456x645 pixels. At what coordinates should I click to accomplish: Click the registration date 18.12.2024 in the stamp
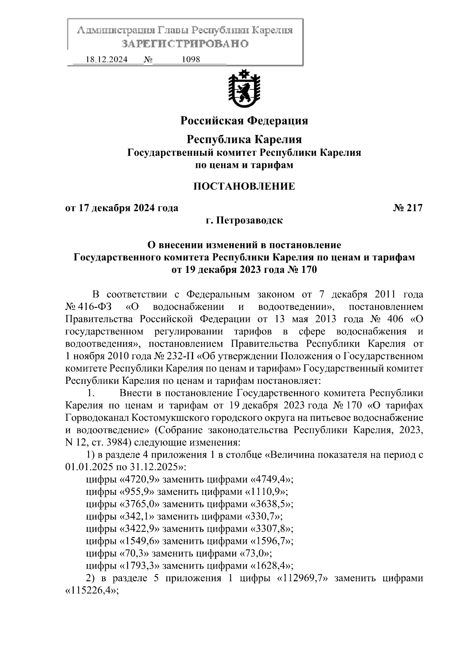click(107, 60)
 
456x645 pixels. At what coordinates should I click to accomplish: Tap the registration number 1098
click(191, 60)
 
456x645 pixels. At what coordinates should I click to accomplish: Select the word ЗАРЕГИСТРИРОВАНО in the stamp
click(185, 44)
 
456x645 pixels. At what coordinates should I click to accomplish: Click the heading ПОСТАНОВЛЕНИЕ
click(244, 186)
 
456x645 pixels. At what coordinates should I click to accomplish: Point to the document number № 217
click(407, 208)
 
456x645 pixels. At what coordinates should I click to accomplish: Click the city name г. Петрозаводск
click(244, 220)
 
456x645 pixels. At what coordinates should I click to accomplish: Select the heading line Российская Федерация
click(244, 121)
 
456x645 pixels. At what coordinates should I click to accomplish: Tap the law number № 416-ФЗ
click(86, 307)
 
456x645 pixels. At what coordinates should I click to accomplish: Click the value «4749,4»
click(271, 480)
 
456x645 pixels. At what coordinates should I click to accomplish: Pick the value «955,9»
click(137, 492)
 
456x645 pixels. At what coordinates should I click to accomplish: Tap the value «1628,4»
click(271, 566)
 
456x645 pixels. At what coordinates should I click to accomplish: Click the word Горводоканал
click(97, 418)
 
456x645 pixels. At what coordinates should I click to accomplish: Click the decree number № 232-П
click(174, 356)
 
